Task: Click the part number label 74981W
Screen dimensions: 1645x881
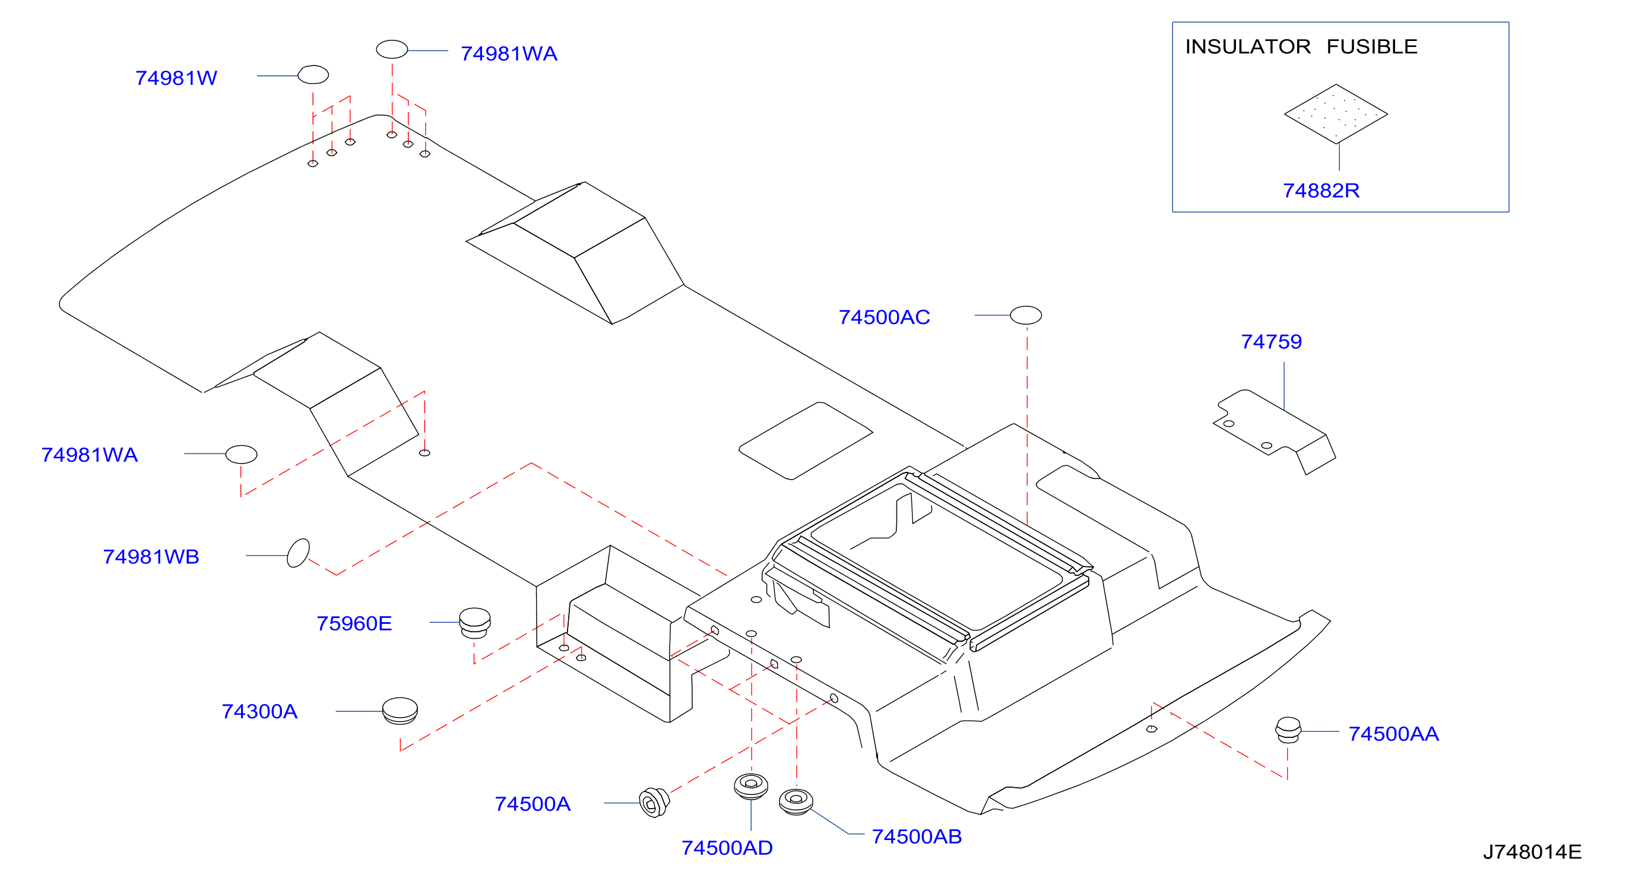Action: coord(176,78)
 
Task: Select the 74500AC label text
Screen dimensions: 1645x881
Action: coord(884,317)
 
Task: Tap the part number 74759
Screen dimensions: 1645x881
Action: coord(1271,341)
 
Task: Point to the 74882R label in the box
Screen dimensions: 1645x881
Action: coord(1321,190)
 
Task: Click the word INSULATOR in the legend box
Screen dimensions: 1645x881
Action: coord(1248,47)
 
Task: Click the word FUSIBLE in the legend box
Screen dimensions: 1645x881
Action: coord(1372,47)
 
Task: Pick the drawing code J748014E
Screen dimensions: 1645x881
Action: coord(1532,852)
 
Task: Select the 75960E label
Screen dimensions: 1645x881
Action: coord(354,623)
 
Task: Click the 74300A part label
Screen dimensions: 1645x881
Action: coord(259,711)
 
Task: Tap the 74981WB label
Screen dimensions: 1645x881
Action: coord(151,557)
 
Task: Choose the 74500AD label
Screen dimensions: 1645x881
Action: coord(727,848)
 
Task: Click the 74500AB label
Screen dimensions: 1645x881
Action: coord(917,836)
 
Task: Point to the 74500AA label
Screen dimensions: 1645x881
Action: coord(1393,734)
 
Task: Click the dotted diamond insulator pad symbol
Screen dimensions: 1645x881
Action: coord(1336,114)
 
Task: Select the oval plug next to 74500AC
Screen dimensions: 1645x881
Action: coord(1026,315)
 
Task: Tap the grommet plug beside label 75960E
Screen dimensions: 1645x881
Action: coord(474,622)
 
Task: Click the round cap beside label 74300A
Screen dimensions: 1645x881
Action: coord(400,711)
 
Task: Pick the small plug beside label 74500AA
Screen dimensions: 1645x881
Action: coord(1288,730)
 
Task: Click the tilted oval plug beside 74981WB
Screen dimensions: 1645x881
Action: coord(298,553)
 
